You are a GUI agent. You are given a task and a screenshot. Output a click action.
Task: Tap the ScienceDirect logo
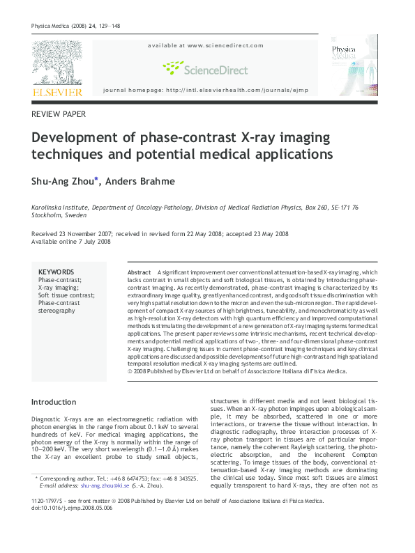pos(205,68)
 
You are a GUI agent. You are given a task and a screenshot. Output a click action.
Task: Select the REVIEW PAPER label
pos(59,114)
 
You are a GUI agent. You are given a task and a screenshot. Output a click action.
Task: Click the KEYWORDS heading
pos(56,272)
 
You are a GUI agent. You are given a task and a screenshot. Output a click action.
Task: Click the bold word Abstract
pos(139,272)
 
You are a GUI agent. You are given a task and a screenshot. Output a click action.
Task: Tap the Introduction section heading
pos(54,402)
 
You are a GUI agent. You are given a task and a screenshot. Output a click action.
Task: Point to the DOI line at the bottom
pos(73,508)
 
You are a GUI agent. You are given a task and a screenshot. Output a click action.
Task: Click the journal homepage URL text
pos(206,91)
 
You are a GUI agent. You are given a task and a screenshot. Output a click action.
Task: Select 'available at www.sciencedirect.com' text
pos(206,45)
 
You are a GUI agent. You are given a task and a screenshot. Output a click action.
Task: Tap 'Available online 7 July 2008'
pos(71,242)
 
